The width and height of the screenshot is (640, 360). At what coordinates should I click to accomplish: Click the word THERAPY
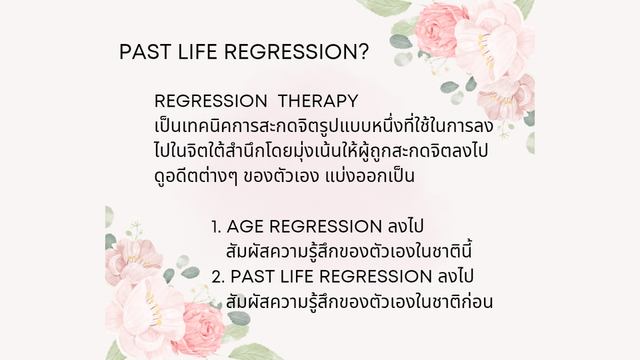(318, 101)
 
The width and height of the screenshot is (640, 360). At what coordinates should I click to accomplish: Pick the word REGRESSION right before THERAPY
(211, 101)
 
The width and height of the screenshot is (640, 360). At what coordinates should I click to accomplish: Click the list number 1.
(216, 227)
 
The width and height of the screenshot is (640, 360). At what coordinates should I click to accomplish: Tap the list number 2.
(218, 277)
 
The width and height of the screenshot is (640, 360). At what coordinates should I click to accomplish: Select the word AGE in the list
(245, 227)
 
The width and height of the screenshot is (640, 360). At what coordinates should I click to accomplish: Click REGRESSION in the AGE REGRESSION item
(325, 227)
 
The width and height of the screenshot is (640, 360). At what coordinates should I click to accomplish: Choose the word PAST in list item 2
(251, 276)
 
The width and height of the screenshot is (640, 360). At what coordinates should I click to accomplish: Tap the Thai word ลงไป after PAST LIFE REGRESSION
(455, 275)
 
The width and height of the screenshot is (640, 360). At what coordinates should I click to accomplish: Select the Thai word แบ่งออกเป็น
(370, 176)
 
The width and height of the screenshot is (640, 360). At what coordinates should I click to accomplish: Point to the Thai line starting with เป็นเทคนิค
(324, 126)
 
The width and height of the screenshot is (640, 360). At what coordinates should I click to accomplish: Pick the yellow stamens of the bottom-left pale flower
(153, 309)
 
